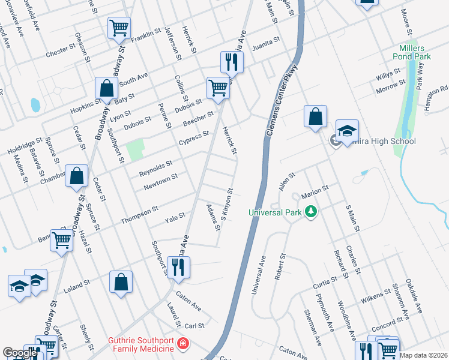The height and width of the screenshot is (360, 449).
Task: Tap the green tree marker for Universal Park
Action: point(310,211)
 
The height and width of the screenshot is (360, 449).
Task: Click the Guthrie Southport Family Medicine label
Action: point(142,344)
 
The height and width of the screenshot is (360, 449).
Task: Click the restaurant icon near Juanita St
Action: point(231,61)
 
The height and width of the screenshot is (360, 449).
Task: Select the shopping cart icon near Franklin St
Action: point(119,28)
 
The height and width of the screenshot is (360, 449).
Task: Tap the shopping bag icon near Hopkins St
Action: point(106,88)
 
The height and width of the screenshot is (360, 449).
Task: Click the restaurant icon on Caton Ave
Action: point(178,267)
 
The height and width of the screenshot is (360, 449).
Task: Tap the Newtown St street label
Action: point(160,182)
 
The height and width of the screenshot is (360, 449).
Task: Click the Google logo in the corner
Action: point(20,353)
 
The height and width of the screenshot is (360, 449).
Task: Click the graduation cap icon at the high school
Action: point(347,132)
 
